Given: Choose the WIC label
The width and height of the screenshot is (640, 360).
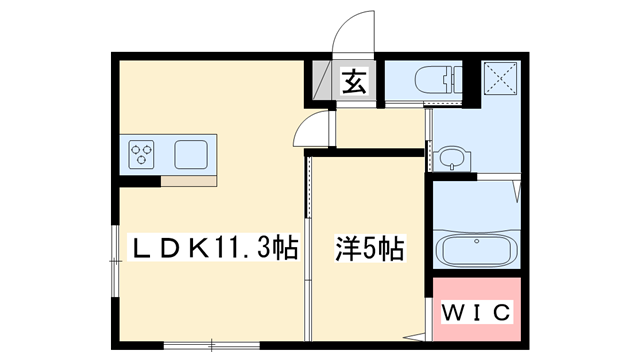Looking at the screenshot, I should click(x=475, y=312).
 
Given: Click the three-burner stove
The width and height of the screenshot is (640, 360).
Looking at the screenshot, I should click(x=143, y=154).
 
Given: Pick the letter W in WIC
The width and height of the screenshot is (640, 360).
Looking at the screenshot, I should click(x=451, y=312).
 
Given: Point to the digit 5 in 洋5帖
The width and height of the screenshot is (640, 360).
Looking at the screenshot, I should click(x=370, y=246).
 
